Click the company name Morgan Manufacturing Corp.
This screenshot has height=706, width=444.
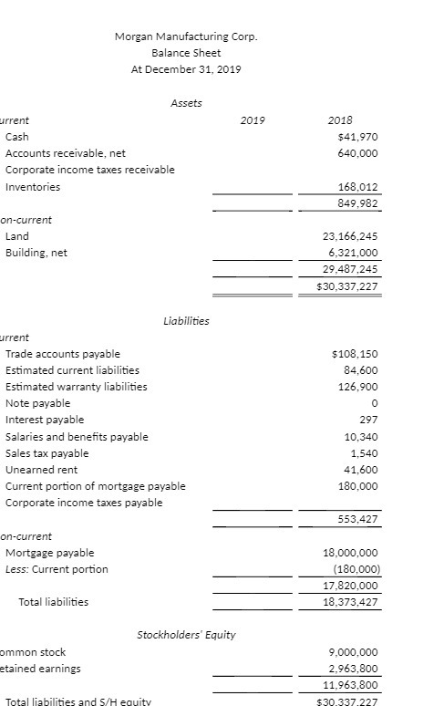point(186,37)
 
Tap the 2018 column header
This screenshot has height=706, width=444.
point(340,119)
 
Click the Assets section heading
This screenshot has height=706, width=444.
point(186,103)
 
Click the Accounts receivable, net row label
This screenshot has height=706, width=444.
point(66,153)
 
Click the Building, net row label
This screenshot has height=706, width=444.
point(36,253)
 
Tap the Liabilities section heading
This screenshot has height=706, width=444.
point(186,320)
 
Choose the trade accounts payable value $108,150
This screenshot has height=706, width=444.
point(356,354)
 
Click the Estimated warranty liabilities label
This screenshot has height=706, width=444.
point(77,387)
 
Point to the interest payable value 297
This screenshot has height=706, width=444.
point(369,420)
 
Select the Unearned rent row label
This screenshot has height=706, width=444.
point(37,470)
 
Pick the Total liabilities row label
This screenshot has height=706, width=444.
point(54,602)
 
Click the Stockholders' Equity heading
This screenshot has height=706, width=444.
point(185,634)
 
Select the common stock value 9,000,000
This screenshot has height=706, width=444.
point(351,652)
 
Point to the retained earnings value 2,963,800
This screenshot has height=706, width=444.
point(351,669)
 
